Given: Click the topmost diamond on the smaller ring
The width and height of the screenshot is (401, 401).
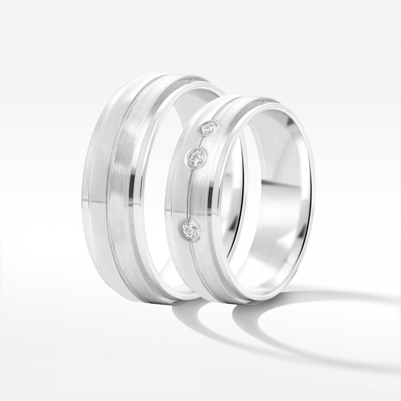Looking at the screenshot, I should pos(209,128).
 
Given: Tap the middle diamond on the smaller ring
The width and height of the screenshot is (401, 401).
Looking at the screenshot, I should pos(196,157).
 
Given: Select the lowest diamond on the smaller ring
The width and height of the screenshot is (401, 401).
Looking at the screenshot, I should pos(189,230).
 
